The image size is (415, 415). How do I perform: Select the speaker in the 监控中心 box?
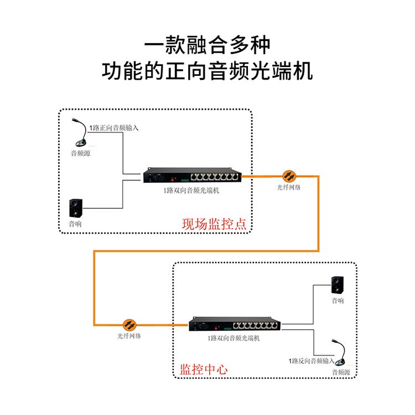(x=337, y=285)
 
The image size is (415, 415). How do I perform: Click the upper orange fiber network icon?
(x=288, y=176)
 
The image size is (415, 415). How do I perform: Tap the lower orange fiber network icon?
(x=129, y=324)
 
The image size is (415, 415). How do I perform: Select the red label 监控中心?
(x=204, y=369)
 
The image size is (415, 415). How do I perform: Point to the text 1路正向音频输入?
(x=114, y=127)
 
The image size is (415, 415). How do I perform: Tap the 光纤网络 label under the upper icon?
(x=289, y=188)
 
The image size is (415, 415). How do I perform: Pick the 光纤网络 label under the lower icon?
(x=129, y=336)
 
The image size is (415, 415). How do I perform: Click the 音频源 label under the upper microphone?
(x=80, y=152)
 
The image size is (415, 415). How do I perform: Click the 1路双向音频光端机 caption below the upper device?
(x=191, y=190)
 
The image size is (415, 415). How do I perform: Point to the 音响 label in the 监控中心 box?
(x=338, y=301)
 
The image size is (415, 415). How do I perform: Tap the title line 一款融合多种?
(x=207, y=45)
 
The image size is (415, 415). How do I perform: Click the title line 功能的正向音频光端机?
(x=207, y=71)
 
